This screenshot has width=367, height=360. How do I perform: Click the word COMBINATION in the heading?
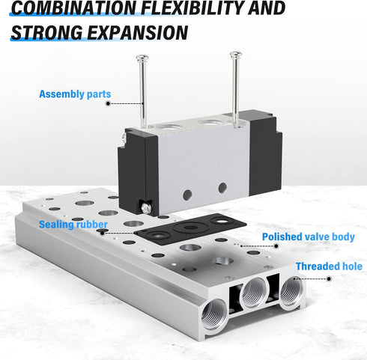pos(74,7)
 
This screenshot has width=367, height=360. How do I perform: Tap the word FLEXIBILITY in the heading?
pos(192,7)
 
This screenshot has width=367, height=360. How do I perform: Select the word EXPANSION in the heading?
pos(138,32)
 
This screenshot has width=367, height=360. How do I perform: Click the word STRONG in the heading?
pos(47,32)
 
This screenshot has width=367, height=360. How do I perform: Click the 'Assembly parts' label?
pos(75,94)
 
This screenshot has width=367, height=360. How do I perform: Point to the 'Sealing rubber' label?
pos(73,225)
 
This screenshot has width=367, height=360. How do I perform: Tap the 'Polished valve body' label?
pos(309,237)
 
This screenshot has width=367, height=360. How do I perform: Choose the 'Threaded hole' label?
pos(329,266)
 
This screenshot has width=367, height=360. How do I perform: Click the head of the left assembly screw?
pos(142,58)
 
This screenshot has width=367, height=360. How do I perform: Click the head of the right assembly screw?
pos(236,55)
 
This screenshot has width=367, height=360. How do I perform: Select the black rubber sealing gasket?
pos(190,229)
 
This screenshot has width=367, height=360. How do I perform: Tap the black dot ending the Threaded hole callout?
pos(329,279)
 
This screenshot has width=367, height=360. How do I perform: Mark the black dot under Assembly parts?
pos(108,103)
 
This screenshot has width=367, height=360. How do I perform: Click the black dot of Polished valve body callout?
pos(276,246)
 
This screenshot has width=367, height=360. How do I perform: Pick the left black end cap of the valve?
pos(138,172)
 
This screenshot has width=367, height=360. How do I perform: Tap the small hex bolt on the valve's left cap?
pos(145,208)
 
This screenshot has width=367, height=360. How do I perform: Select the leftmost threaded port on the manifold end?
pos(214,314)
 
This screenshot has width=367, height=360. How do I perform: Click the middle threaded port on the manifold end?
pos(253,292)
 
